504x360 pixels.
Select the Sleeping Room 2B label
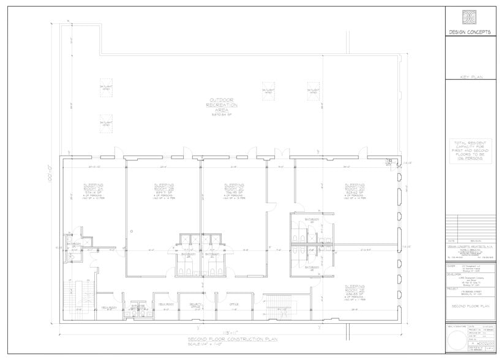pos(164,187)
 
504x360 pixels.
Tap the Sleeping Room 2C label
pos(233,187)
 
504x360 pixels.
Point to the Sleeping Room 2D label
pos(355,187)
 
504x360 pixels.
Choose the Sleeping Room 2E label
pos(355,288)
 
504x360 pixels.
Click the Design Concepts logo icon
pos(468,18)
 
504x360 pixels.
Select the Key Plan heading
pos(468,78)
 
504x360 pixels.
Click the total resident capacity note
pos(468,151)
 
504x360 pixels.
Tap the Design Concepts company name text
pos(468,32)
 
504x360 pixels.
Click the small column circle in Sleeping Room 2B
pos(132,231)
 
